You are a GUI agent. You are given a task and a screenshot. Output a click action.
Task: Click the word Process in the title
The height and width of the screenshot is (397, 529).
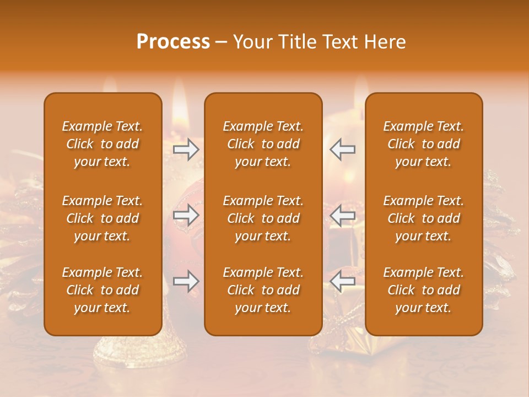173,42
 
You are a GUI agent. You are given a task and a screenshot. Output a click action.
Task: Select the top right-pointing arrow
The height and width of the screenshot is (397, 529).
186,149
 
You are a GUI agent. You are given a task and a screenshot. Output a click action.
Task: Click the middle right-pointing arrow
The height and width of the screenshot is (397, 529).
186,216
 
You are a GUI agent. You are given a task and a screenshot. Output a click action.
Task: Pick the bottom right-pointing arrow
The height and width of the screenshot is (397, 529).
186,282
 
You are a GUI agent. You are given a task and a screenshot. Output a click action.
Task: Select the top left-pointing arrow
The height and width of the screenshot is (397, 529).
343,149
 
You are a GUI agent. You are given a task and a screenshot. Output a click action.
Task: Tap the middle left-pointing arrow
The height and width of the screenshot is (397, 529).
343,216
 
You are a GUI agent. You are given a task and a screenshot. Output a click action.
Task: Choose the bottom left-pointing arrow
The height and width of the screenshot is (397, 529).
343,282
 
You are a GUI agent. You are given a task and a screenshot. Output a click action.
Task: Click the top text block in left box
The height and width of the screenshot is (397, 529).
102,144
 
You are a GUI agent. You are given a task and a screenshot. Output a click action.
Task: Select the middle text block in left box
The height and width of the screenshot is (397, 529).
102,218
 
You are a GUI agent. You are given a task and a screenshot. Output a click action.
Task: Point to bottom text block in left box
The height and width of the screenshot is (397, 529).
102,290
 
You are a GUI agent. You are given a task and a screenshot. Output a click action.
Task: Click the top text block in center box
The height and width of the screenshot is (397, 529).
263,144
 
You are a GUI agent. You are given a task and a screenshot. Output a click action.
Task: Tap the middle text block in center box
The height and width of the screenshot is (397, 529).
263,218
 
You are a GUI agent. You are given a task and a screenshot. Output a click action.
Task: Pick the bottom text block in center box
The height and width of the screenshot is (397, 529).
263,290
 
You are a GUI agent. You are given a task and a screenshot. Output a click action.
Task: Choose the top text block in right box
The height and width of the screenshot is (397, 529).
423,144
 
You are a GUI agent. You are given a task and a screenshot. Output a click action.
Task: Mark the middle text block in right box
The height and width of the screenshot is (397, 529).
423,218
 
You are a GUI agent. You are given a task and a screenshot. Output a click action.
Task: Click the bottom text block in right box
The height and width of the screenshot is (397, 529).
423,290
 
